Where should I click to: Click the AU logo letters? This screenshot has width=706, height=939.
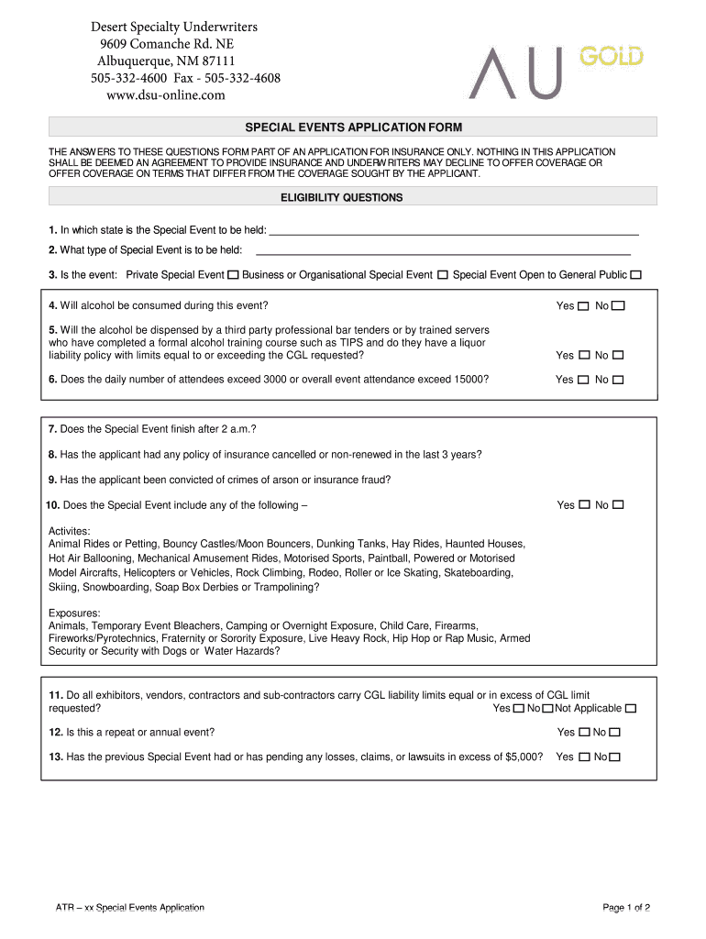[x=513, y=72]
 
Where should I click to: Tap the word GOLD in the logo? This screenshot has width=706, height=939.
[x=611, y=58]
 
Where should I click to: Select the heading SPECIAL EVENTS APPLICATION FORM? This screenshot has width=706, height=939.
[x=352, y=127]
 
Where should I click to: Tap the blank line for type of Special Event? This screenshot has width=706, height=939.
[x=443, y=252]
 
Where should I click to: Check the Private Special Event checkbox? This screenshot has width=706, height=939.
[x=234, y=275]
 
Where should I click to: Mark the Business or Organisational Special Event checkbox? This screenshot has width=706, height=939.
[x=443, y=275]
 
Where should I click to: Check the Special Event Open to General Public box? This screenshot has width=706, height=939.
[x=636, y=275]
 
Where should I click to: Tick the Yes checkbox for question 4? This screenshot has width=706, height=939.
[x=584, y=306]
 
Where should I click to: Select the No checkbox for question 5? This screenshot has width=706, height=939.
[x=618, y=356]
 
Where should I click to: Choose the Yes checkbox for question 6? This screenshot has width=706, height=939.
[x=584, y=380]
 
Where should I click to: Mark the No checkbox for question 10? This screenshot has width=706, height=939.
[x=618, y=505]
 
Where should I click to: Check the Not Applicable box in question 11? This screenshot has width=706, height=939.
[x=630, y=709]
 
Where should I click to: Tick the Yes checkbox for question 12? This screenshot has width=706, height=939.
[x=584, y=733]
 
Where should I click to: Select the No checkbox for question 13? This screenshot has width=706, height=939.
[x=614, y=757]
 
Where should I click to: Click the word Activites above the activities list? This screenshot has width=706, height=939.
[x=69, y=531]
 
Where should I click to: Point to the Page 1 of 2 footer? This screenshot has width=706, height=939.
[x=626, y=908]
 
